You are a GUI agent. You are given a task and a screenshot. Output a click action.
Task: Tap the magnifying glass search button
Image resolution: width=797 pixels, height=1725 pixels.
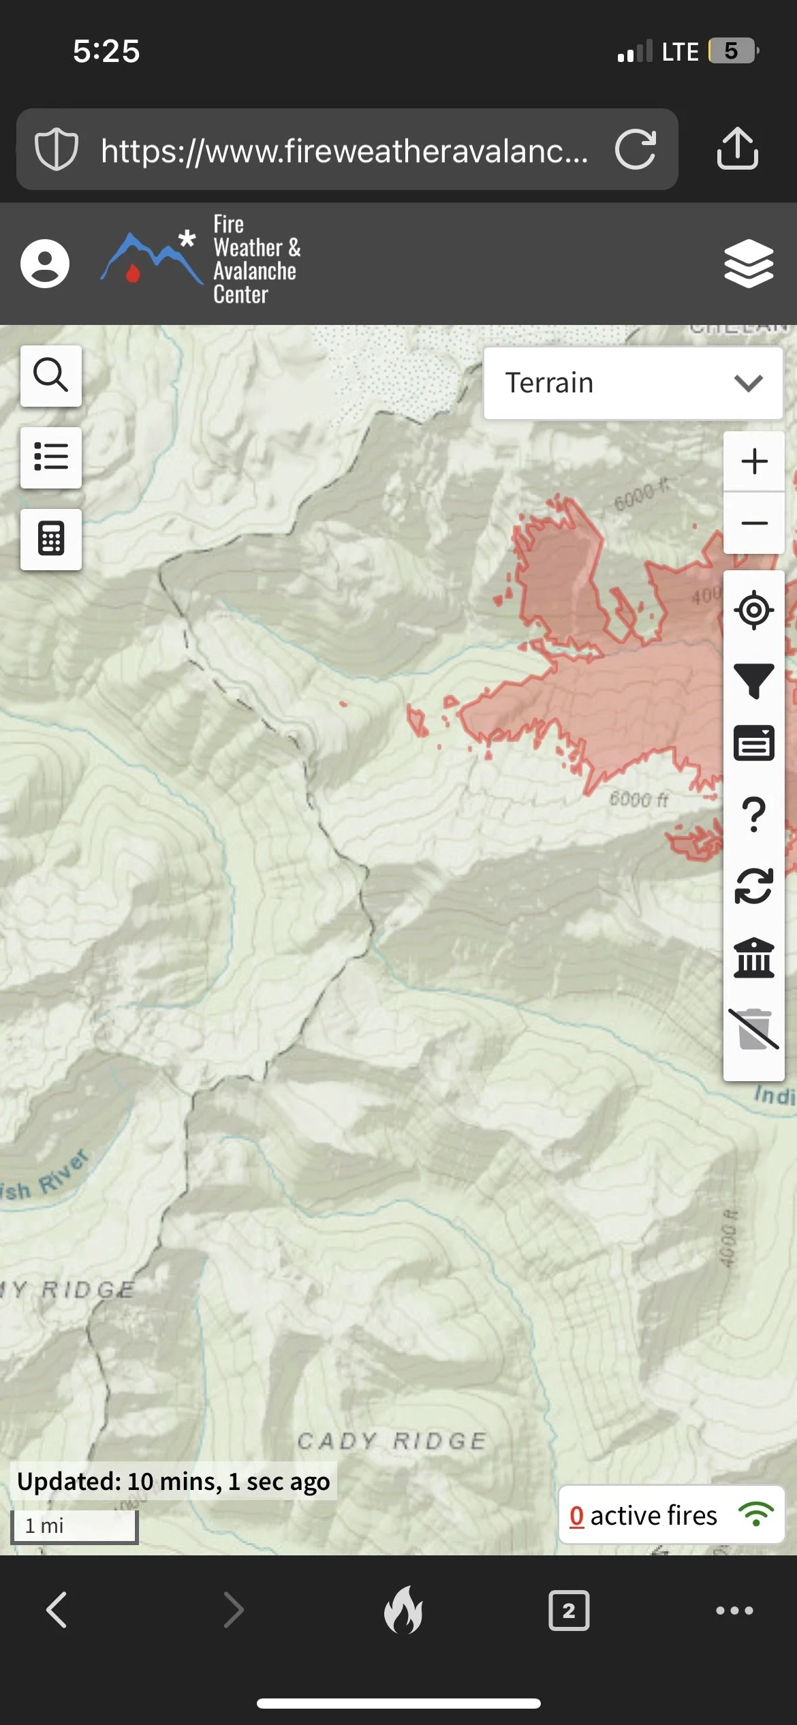coord(51,375)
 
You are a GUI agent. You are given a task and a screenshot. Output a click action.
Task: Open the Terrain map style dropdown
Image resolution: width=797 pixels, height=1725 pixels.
coord(633,383)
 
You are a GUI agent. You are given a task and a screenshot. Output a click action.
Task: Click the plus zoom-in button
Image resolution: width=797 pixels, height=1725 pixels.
coord(754,461)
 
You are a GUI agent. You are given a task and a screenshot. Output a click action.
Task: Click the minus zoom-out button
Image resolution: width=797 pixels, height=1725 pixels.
coord(754,523)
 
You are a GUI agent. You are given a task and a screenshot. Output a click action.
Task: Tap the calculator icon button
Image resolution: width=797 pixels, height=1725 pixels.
coord(51,539)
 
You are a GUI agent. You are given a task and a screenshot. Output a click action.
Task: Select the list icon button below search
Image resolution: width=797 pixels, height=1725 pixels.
coord(51,457)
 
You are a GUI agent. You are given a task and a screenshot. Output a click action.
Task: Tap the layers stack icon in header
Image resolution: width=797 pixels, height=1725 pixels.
coord(749,264)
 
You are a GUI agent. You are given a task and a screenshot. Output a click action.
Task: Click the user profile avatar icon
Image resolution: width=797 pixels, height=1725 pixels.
coord(45,264)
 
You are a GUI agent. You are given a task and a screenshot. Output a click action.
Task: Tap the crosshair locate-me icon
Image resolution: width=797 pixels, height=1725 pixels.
coord(754,610)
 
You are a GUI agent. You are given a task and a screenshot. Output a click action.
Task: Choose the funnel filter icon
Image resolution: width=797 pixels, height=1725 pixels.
coord(754,681)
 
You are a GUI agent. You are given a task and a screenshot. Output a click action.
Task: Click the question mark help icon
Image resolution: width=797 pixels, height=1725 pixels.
coord(754,815)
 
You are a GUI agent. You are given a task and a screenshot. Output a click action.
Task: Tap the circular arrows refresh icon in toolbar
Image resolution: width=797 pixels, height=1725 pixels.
coord(754,886)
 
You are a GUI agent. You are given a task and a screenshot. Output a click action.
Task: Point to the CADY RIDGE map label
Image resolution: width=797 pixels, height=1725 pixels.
coord(392,1441)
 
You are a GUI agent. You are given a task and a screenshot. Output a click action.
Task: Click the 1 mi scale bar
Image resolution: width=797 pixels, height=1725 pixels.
coord(74,1526)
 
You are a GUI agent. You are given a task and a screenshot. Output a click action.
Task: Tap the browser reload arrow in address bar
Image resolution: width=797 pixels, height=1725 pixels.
coord(636,149)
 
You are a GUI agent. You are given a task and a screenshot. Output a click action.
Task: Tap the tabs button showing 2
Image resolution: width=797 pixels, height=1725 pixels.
coord(569,1611)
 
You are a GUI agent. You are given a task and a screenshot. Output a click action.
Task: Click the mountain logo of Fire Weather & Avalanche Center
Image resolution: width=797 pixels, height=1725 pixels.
coord(151,259)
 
